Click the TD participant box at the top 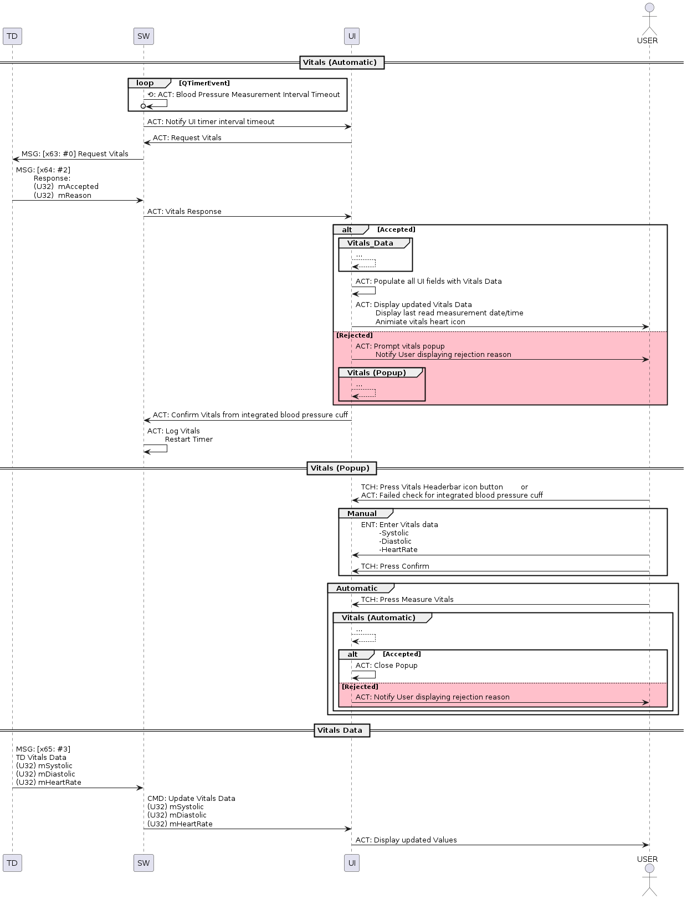click(x=12, y=37)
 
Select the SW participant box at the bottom click(x=143, y=863)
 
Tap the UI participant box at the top click(x=352, y=37)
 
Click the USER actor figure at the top click(x=647, y=22)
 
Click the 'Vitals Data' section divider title click(x=340, y=731)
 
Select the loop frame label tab click(x=145, y=83)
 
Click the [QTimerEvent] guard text click(x=204, y=83)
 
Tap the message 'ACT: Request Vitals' click(x=187, y=138)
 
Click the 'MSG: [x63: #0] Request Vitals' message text click(x=75, y=154)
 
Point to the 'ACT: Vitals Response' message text click(x=184, y=212)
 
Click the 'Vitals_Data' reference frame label click(x=370, y=243)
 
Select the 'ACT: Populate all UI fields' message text click(x=428, y=282)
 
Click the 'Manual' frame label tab click(x=362, y=514)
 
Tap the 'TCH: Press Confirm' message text click(x=395, y=566)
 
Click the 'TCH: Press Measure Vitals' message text click(x=407, y=600)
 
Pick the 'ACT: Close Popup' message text click(x=387, y=666)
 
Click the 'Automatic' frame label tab click(x=357, y=589)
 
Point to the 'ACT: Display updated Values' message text click(x=406, y=840)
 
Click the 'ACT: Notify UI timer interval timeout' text click(x=211, y=122)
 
